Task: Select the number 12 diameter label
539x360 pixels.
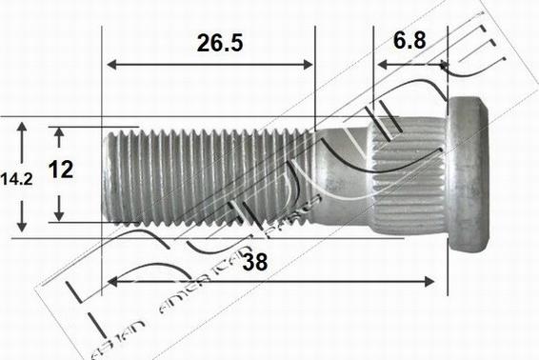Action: (60, 170)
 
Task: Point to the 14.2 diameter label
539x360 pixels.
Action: (17, 178)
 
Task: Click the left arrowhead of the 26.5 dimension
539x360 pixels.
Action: (111, 65)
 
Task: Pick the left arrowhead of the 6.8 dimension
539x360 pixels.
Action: (380, 65)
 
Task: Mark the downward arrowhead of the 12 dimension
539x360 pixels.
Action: (59, 215)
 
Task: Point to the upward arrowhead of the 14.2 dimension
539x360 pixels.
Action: (23, 125)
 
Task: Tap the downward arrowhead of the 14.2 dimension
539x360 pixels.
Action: (23, 228)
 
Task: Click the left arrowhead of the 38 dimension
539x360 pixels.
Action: (111, 281)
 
